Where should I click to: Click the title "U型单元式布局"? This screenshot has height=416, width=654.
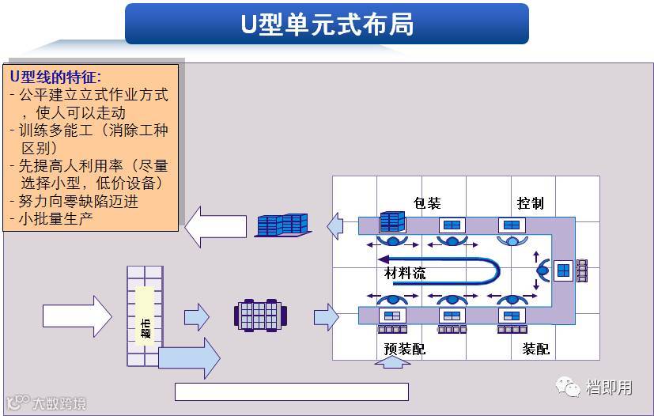327,24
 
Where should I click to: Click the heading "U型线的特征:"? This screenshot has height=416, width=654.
55,77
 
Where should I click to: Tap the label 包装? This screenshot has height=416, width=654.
427,203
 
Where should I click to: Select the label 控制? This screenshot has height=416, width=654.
530,203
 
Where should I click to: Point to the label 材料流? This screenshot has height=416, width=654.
405,274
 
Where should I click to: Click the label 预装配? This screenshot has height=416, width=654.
404,348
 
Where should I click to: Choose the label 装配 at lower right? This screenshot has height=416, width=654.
535,348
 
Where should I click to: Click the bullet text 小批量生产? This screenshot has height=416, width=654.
54,217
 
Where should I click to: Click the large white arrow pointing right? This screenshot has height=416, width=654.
77,316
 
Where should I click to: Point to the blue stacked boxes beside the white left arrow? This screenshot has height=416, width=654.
282,225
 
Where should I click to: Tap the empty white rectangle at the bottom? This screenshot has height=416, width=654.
291,391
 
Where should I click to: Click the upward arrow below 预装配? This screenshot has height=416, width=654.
391,365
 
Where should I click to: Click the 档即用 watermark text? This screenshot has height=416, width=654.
609,387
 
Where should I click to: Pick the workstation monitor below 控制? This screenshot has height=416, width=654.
511,225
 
